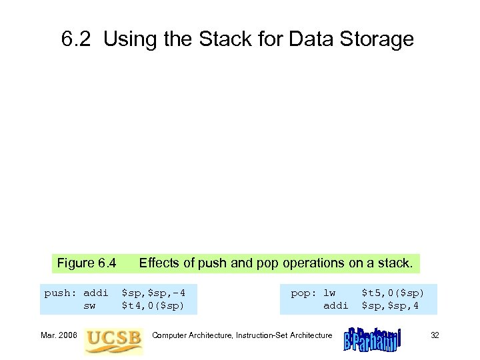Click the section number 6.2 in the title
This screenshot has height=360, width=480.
click(x=77, y=40)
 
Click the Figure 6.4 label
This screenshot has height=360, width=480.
click(x=87, y=263)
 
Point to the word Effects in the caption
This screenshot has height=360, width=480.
click(x=159, y=263)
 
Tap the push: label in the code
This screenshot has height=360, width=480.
click(x=60, y=293)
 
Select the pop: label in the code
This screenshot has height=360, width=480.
click(x=303, y=293)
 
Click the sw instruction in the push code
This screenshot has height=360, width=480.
click(x=89, y=306)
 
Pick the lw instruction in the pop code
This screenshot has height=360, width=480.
click(x=329, y=293)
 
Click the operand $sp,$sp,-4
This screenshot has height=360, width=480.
click(x=153, y=293)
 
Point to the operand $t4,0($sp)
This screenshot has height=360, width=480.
click(x=153, y=306)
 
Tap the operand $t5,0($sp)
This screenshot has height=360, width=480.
click(x=393, y=293)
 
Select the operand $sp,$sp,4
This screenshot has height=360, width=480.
click(x=390, y=306)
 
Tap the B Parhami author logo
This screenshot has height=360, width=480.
click(x=372, y=337)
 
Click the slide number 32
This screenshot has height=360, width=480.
click(x=435, y=335)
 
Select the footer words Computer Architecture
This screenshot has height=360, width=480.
click(x=192, y=335)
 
